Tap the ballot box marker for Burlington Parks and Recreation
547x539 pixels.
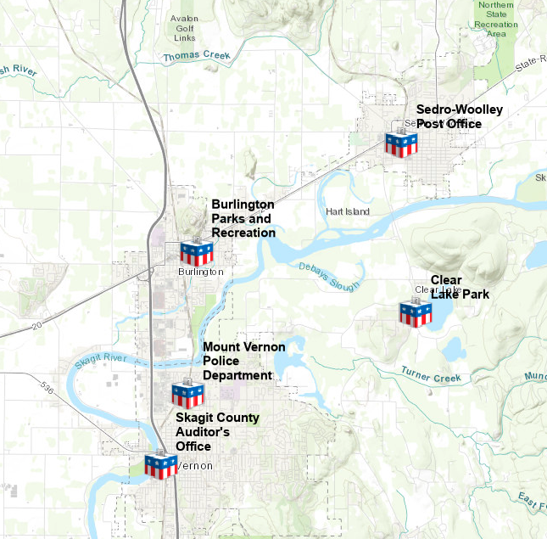coord(195,252)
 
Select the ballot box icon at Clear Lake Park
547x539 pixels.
coord(415,314)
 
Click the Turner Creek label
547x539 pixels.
coord(430,375)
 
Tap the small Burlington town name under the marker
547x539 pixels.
coord(201,272)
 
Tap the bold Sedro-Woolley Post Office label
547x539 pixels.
coord(459,117)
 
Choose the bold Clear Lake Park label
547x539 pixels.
coord(458,287)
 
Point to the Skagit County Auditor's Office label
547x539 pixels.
coord(217,432)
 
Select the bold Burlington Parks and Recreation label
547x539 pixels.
coord(243,218)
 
